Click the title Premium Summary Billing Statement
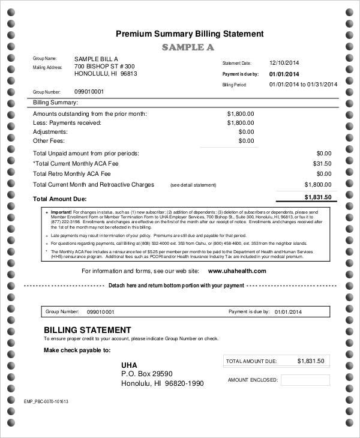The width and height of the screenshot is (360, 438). click(189, 34)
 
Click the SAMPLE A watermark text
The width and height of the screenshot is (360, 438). click(188, 47)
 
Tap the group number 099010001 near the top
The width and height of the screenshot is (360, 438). click(89, 91)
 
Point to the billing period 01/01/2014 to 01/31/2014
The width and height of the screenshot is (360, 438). click(303, 84)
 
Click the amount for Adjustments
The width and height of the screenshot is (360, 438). click(246, 131)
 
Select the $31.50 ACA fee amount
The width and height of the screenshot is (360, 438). click(322, 163)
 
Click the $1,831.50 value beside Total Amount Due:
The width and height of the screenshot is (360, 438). click(321, 197)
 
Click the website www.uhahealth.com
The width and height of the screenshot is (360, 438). click(236, 271)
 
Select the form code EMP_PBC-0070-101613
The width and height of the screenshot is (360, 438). click(46, 401)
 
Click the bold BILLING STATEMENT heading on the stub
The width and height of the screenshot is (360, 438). click(88, 330)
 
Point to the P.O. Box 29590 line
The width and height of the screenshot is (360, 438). click(151, 374)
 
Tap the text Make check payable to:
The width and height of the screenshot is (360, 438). click(77, 350)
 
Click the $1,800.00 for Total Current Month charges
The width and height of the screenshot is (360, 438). click(317, 185)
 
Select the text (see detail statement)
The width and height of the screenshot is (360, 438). click(193, 185)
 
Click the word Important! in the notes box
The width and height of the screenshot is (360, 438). click(61, 212)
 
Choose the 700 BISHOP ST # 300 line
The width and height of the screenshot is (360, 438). click(104, 66)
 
